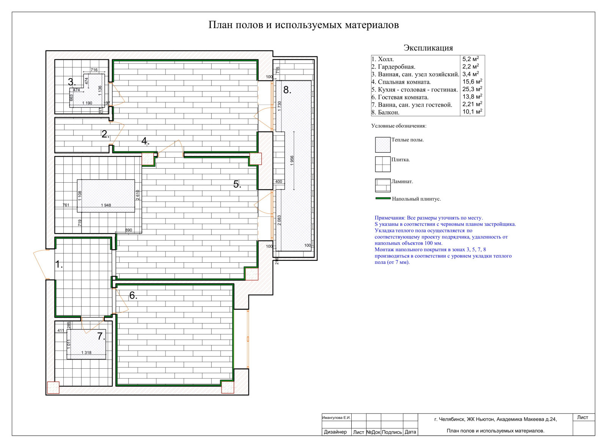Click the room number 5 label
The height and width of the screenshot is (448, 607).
pos(237,185)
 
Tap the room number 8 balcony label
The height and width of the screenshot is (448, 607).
pos(287,90)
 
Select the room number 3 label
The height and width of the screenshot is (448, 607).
pos(72,82)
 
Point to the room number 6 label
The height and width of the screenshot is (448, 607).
pos(133,295)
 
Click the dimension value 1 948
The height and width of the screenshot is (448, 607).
pos(106,205)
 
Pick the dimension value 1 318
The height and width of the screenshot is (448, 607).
pos(86,353)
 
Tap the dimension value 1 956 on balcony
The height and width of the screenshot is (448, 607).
pos(292,161)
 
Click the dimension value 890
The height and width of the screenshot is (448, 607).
pos(129,230)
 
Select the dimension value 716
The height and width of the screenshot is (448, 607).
pos(94,70)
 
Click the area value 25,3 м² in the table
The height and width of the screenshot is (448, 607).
pos(472,89)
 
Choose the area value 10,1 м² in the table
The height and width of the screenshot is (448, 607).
pos(472,112)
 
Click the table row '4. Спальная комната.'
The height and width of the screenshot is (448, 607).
pos(401,82)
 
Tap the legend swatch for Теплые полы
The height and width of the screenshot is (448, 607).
pos(383,145)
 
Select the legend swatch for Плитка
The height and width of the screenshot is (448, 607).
pos(383,164)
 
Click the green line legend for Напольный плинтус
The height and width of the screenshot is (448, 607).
pos(383,199)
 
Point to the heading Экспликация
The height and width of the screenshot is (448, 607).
pos(428,48)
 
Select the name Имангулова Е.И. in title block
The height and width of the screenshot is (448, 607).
pos(336,418)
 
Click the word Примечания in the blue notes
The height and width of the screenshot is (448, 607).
pos(390,218)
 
